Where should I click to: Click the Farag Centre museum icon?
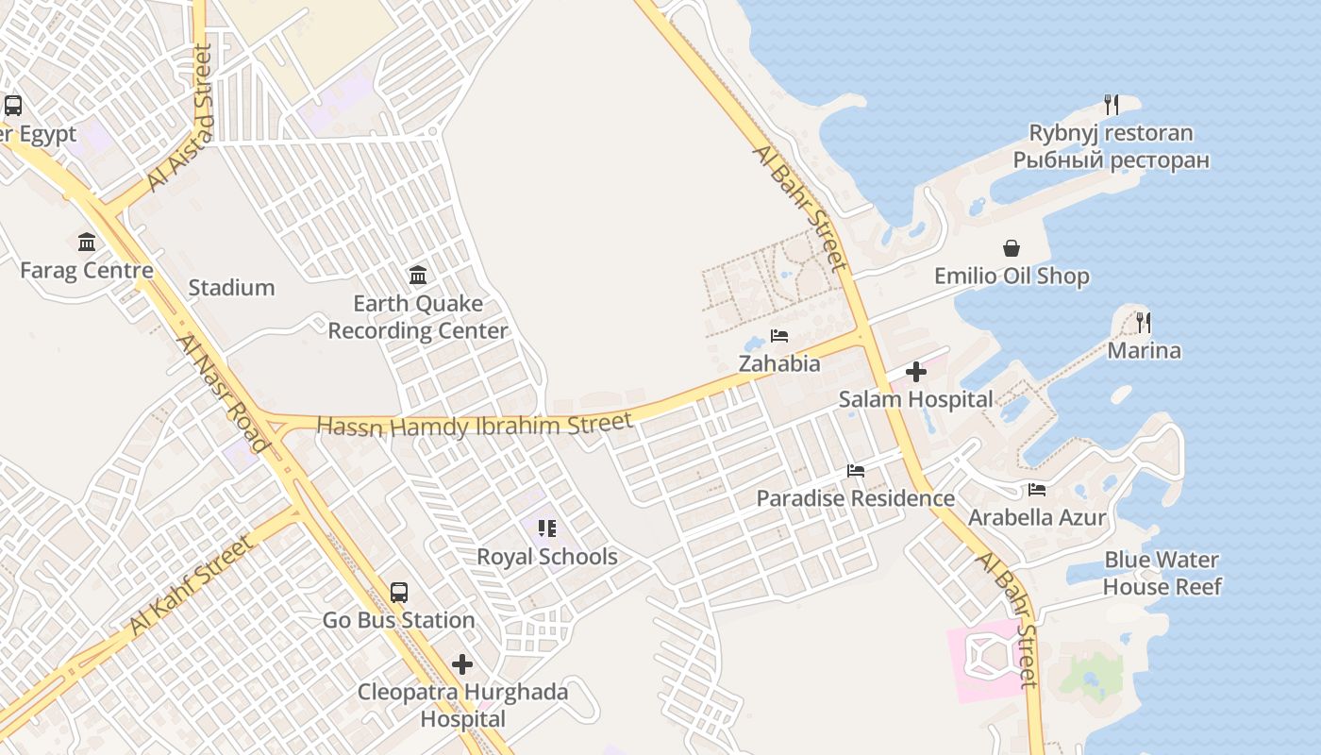point(87,243)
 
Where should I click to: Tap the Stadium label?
point(231,288)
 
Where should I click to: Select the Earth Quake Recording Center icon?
point(418,276)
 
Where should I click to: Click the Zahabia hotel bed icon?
point(779,336)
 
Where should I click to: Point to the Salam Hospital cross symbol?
point(915,372)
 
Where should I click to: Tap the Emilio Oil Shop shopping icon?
point(1012,248)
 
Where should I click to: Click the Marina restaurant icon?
point(1144,323)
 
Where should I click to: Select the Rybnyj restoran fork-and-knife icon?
point(1112,105)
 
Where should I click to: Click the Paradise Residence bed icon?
point(856,471)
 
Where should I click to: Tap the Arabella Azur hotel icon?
point(1037,490)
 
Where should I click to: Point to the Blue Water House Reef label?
point(1162,573)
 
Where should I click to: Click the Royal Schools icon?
point(546,528)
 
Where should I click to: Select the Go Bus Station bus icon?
point(399,593)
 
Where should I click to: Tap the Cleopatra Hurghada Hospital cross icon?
point(462,664)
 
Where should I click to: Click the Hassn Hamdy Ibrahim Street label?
point(475,426)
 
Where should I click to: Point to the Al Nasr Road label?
point(223,393)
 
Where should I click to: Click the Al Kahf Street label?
point(192,586)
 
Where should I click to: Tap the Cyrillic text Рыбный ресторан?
point(1111,160)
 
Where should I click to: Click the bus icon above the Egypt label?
point(13,106)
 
